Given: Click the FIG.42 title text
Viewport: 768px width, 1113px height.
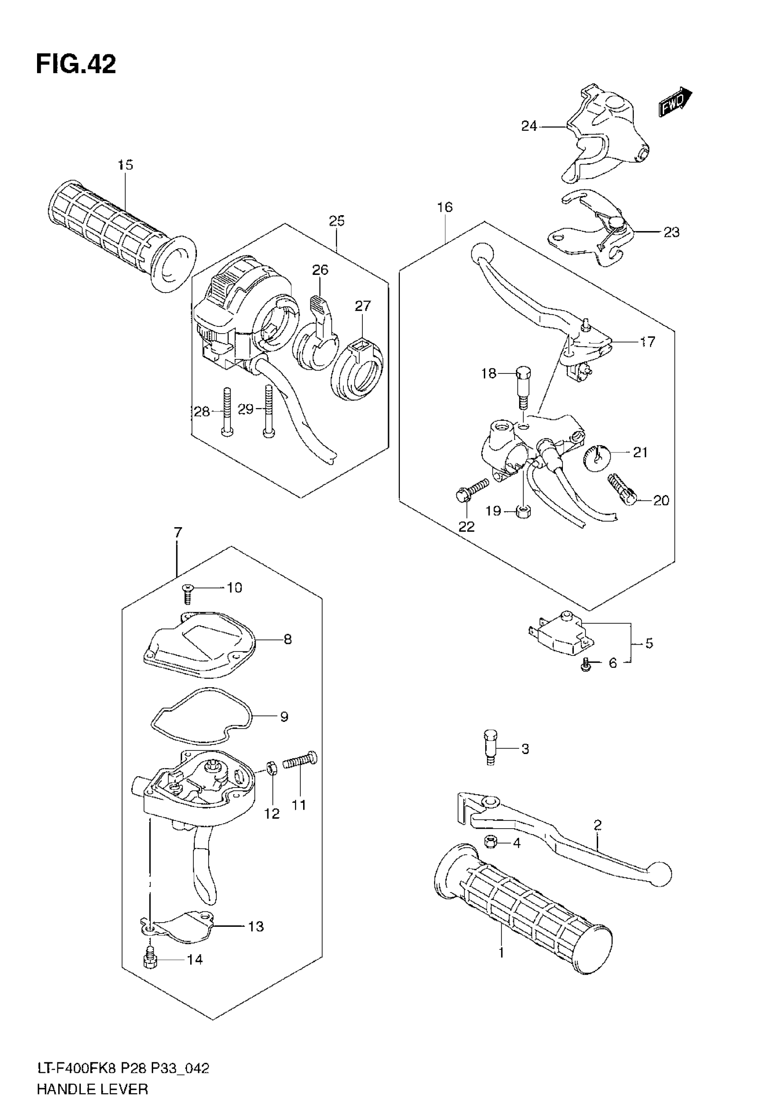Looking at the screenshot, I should (x=76, y=65).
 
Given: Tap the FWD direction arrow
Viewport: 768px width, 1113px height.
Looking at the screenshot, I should (x=674, y=102).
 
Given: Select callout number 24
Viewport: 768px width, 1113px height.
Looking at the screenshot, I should (x=529, y=126).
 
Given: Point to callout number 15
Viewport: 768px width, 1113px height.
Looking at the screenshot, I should (x=125, y=165).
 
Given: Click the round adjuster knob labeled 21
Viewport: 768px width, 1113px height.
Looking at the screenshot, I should (x=597, y=455).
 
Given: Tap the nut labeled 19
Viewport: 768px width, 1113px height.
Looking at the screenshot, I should (x=523, y=511).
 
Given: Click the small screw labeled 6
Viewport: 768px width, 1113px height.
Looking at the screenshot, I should (x=585, y=666).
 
